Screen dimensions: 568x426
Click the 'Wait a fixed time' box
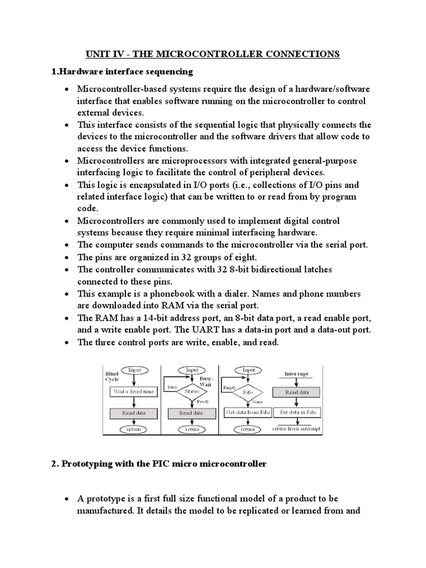(134, 392)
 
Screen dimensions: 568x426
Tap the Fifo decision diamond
(248, 391)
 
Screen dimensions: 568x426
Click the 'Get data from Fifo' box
(248, 413)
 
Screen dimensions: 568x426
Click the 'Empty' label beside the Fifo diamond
(230, 388)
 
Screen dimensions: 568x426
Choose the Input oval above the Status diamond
(192, 370)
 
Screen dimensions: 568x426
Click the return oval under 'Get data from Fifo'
(248, 429)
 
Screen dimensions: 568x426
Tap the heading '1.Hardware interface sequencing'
(122, 72)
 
